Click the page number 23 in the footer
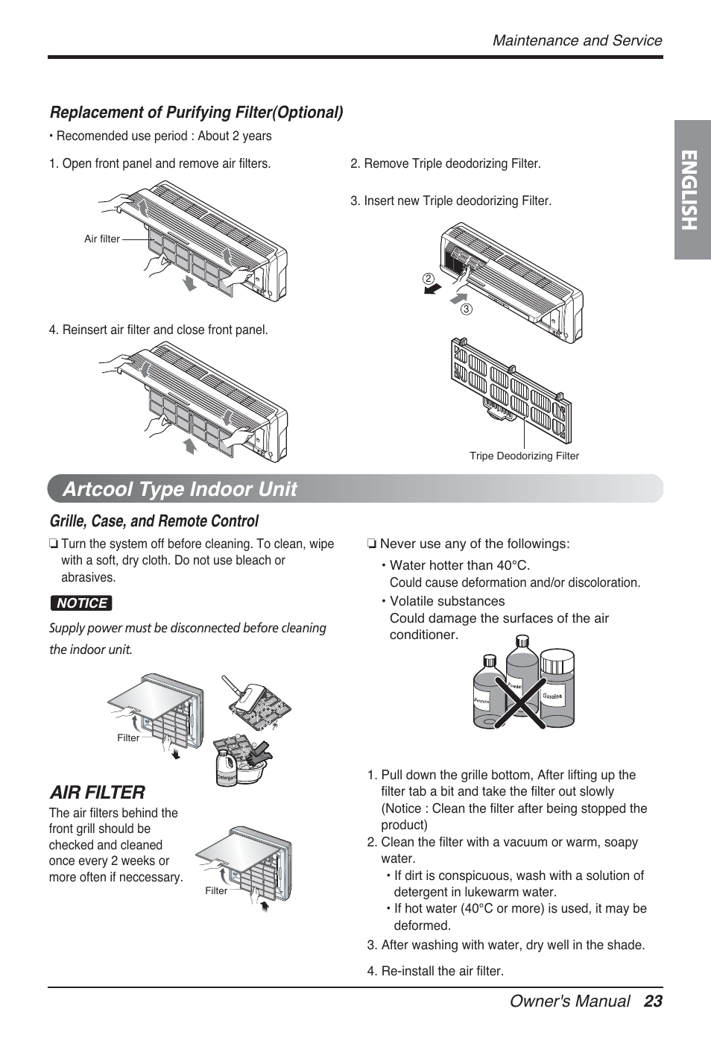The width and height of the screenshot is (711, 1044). coord(653,1001)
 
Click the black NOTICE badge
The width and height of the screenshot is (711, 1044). coord(81,603)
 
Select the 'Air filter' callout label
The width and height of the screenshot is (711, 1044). coord(102,239)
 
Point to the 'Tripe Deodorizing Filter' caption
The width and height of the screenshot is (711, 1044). coord(524,456)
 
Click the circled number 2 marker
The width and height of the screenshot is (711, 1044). coord(429,278)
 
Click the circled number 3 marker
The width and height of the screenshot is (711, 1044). coord(467,309)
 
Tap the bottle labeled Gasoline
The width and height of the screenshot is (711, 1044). coord(556,691)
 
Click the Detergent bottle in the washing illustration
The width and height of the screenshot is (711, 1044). coord(226,773)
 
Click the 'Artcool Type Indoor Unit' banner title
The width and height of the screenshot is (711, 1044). coord(180,489)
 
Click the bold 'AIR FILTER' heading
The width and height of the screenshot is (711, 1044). coord(97,792)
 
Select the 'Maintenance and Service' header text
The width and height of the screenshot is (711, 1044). coord(577,40)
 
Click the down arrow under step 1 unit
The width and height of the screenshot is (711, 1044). coord(191,283)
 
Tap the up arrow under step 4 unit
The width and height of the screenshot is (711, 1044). coord(191,447)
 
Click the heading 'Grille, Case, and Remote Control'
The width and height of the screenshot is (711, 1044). coord(154,521)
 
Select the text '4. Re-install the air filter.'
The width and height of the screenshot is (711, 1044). coord(435,971)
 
